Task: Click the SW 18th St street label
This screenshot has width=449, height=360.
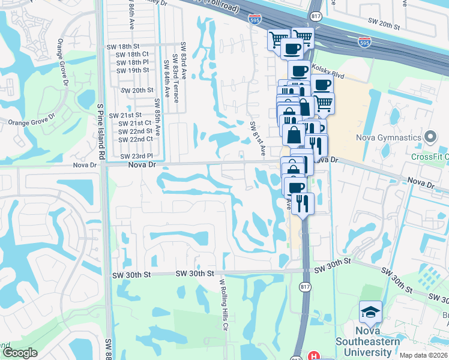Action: [x=123, y=46]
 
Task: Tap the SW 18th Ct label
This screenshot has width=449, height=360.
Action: [x=133, y=55]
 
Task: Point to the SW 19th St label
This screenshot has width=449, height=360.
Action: [x=133, y=70]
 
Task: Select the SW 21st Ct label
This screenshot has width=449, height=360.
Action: [x=135, y=123]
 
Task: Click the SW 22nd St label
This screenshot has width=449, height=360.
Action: [x=135, y=131]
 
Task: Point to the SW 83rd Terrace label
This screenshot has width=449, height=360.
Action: [x=175, y=79]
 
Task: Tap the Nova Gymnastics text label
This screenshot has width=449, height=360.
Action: [x=390, y=138]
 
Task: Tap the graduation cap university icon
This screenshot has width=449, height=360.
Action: [x=370, y=312]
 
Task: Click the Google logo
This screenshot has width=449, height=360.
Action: [x=20, y=353]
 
